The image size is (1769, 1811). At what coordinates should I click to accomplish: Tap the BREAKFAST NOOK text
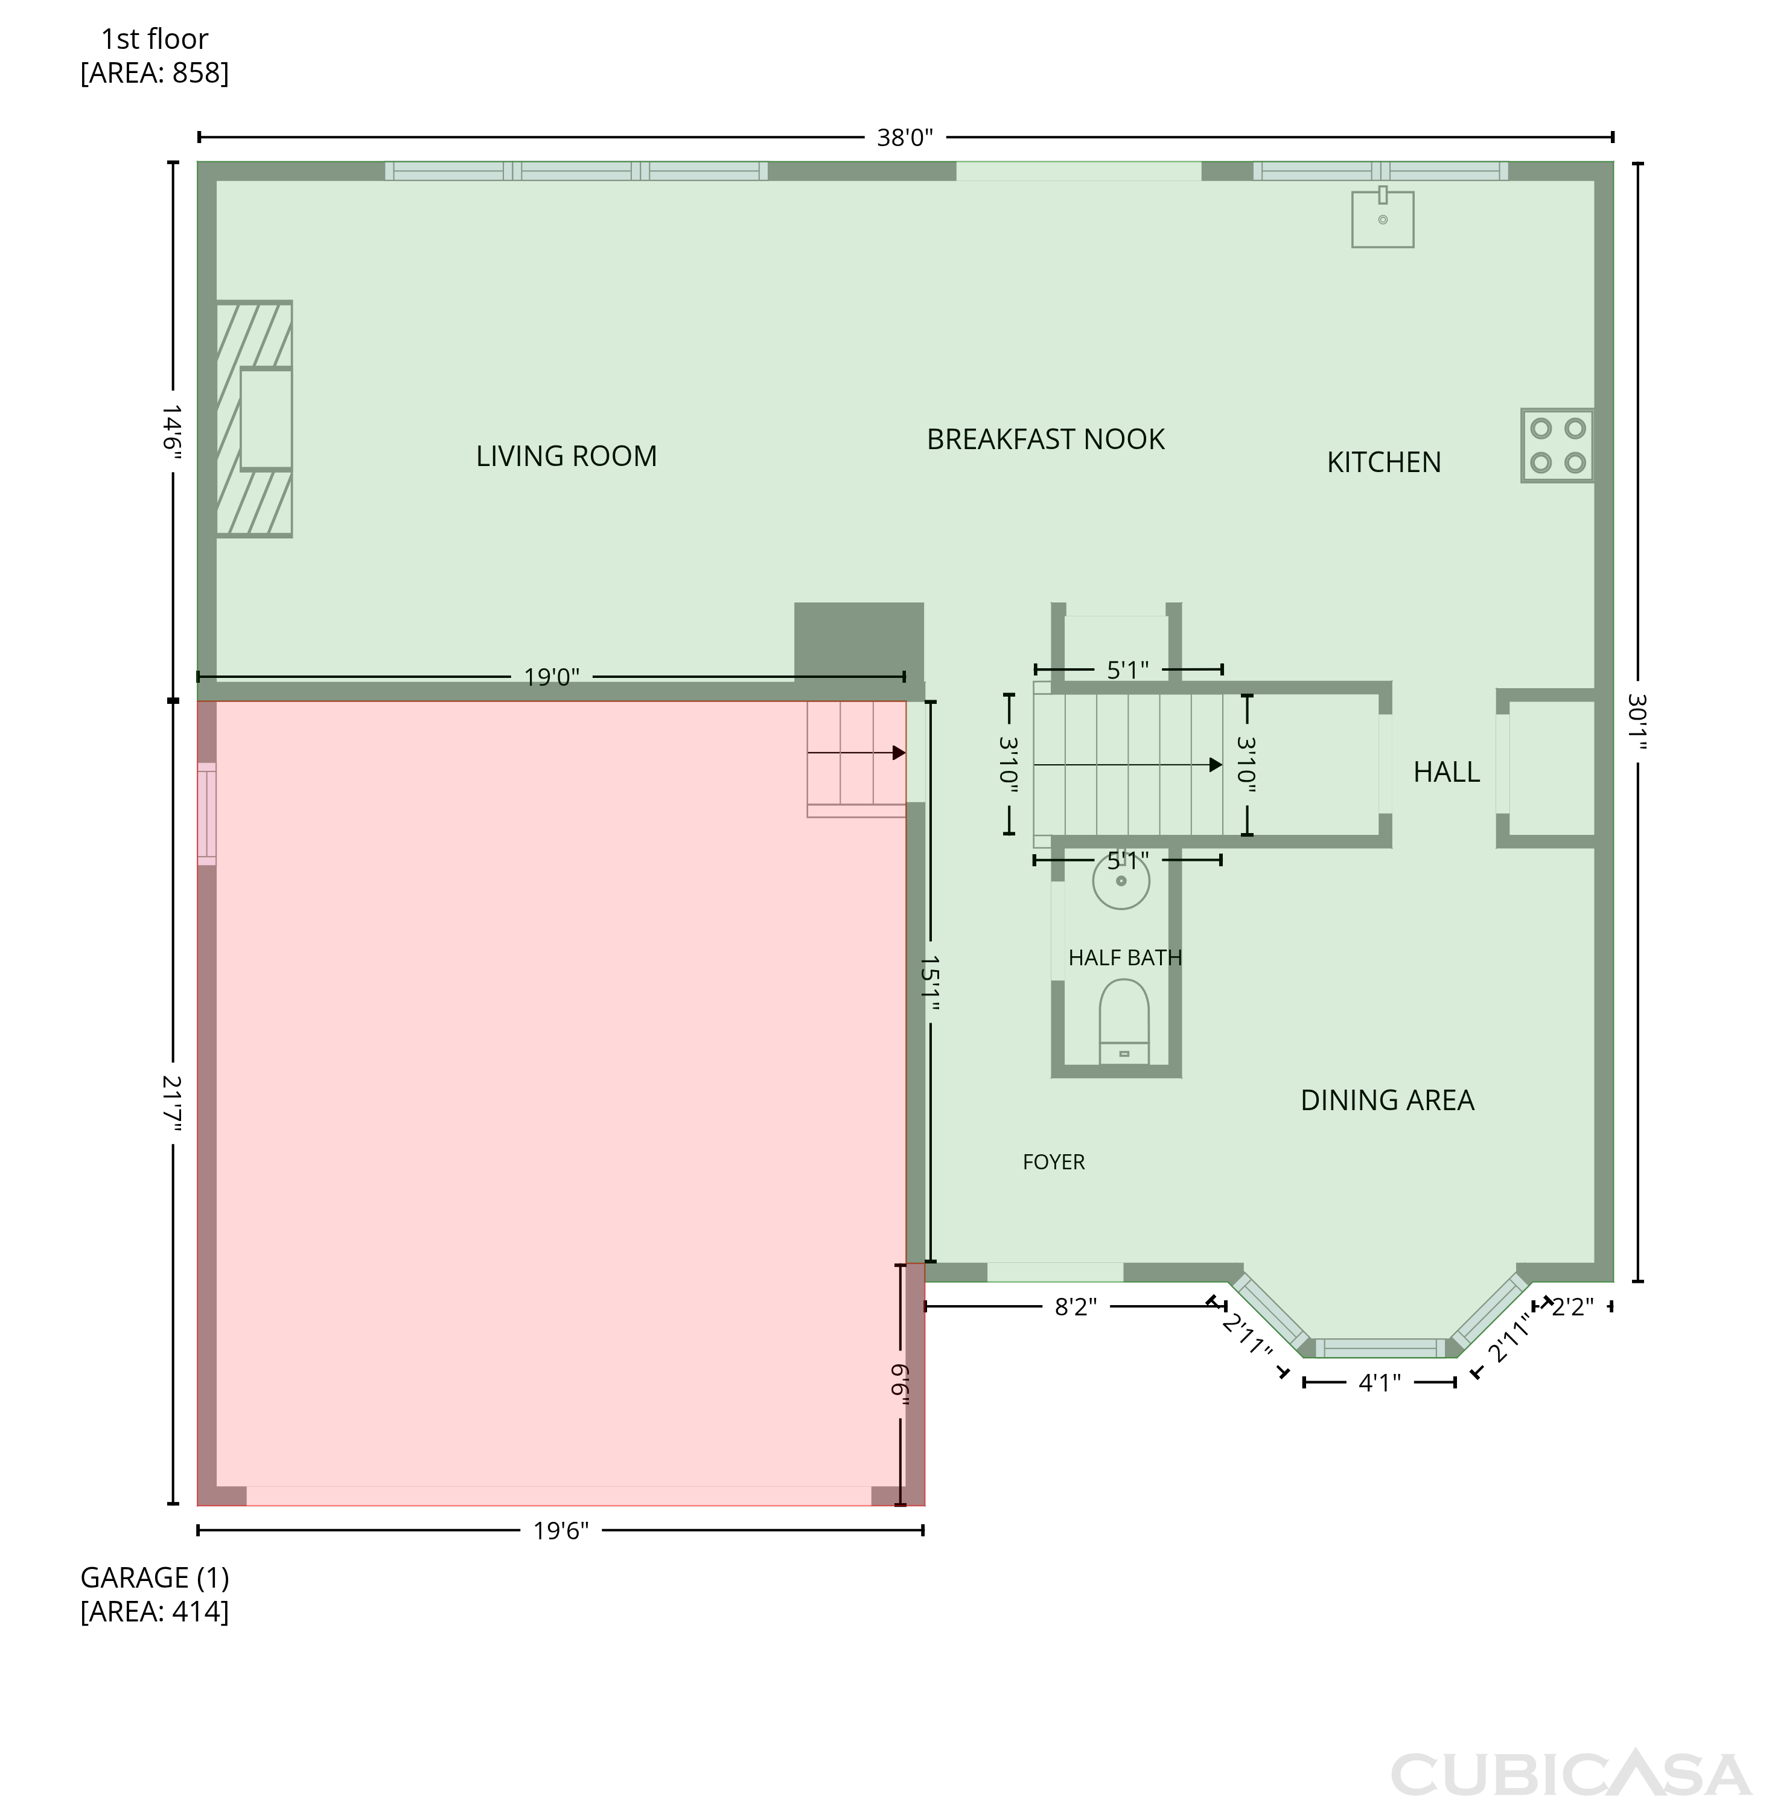click(1045, 439)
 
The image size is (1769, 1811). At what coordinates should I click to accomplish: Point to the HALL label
click(1447, 772)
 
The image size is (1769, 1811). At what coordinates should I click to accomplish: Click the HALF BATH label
click(1125, 958)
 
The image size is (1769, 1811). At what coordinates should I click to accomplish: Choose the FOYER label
click(1054, 1163)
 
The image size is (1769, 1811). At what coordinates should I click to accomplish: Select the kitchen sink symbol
click(1383, 217)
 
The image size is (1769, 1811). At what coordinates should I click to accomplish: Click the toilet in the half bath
click(1124, 1022)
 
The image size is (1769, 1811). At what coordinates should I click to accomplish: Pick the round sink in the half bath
click(1121, 880)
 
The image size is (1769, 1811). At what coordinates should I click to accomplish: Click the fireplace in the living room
click(253, 419)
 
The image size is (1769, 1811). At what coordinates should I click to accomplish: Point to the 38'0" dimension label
click(905, 138)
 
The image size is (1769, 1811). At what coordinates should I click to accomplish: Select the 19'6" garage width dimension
click(561, 1532)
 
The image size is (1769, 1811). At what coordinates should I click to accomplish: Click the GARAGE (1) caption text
click(155, 1578)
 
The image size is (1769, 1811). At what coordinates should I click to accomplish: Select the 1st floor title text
click(155, 39)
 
